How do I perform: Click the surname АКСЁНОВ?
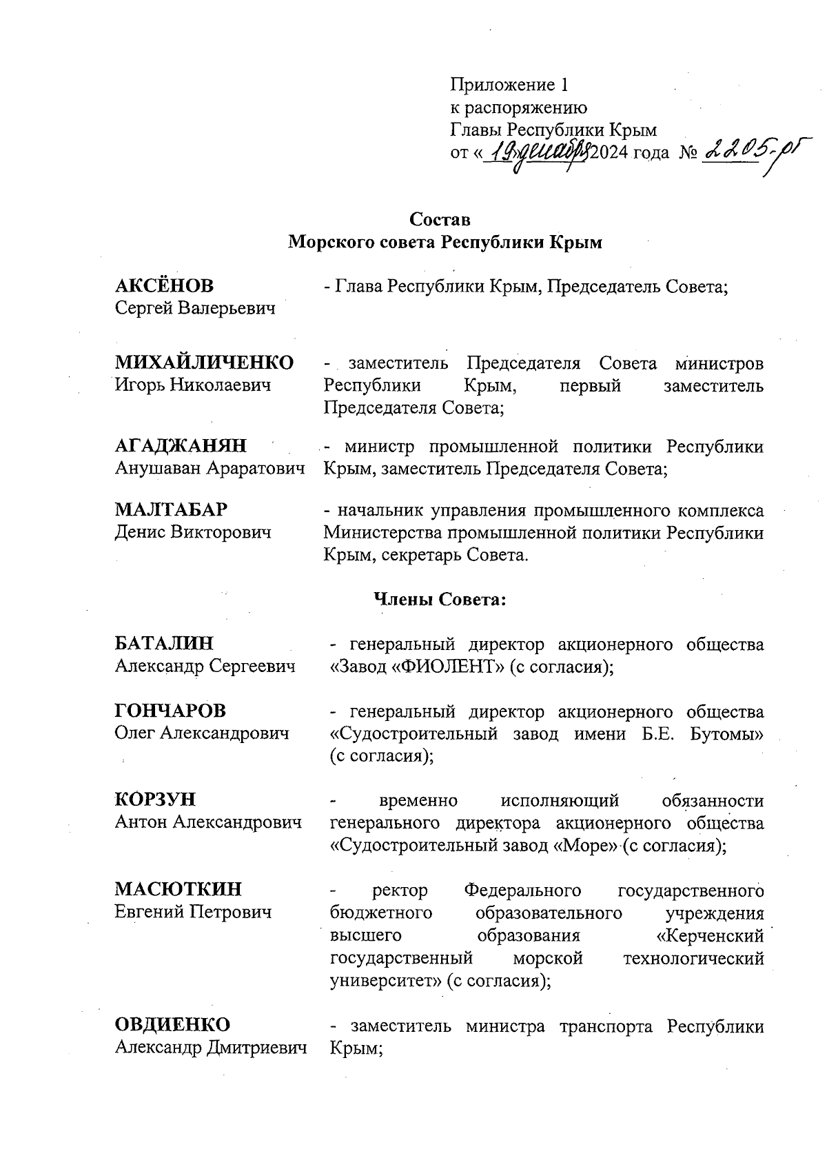[164, 285]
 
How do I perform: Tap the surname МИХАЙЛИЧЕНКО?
[204, 363]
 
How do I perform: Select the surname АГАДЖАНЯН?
[181, 446]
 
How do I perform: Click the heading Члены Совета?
[440, 600]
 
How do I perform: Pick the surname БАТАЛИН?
[164, 643]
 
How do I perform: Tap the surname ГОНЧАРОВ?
[170, 711]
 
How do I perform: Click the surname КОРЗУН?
[155, 800]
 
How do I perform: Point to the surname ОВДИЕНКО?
[172, 1025]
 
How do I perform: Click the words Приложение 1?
[509, 85]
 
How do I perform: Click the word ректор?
[400, 891]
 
